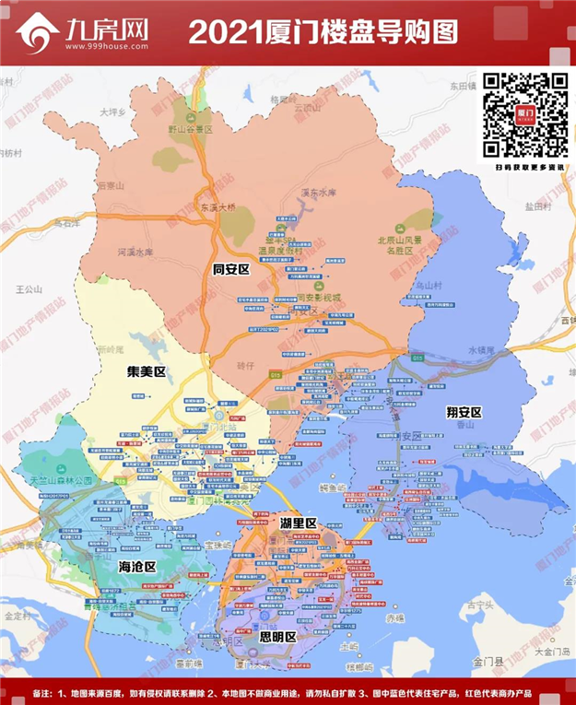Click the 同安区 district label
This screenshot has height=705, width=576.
coord(232,270)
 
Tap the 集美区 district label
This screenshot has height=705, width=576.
coord(146,372)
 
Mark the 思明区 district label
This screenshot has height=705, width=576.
coord(277,637)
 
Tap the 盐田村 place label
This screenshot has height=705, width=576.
coord(536,207)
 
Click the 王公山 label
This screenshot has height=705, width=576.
coord(29,289)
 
